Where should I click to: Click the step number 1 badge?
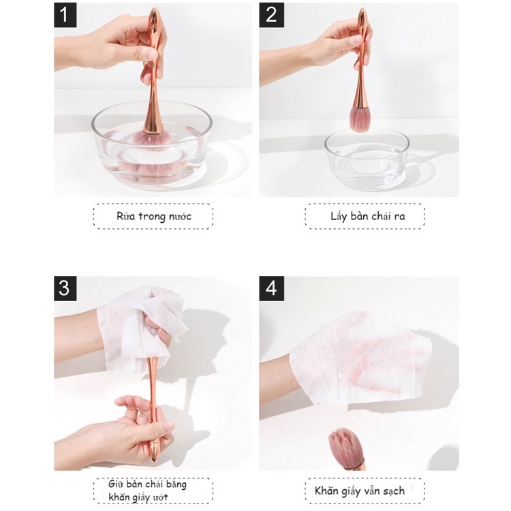coord(65,15)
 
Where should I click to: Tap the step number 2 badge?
coord(271,15)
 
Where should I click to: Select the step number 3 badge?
coord(65,288)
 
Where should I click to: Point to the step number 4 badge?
coord(271,288)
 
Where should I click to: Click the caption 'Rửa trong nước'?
coord(154,216)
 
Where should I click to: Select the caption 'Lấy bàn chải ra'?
coord(368,216)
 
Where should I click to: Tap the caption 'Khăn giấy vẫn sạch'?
coord(360,491)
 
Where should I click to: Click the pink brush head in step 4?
coord(345,447)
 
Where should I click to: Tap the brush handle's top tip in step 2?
coord(362,10)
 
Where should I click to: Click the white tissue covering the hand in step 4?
coord(360,358)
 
